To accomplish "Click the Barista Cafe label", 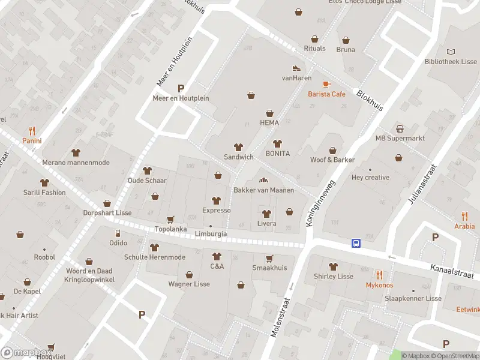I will tap(326, 94).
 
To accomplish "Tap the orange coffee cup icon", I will tap(326, 84).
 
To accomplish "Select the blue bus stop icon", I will tap(356, 243).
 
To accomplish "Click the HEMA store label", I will tap(269, 122).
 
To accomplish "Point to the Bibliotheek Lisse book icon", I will tap(451, 52).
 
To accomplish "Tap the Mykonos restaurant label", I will tap(379, 285).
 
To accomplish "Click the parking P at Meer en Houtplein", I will tap(181, 88).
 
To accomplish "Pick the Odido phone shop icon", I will tap(118, 233).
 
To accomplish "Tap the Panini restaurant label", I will tap(32, 141).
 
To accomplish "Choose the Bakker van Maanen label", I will tap(263, 190).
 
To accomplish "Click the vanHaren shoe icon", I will tap(295, 68).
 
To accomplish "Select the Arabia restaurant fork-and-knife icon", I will tap(464, 217).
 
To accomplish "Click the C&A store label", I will tap(217, 266).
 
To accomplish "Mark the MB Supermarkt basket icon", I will tap(400, 129).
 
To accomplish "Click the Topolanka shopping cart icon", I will tap(171, 220).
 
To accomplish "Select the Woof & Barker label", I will tap(332, 160).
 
